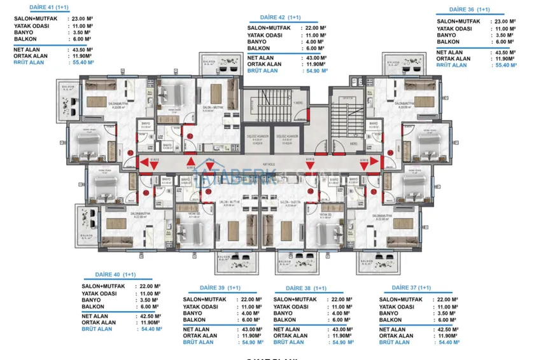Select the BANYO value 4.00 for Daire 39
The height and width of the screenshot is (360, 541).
click(249, 314)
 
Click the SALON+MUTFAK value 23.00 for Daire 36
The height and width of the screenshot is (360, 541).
click(506, 22)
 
